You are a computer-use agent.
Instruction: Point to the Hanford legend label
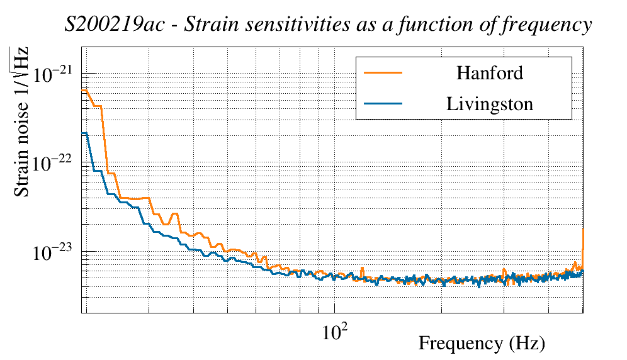click(x=489, y=72)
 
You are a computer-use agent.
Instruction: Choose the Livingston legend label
click(x=489, y=104)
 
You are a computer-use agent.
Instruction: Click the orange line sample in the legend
click(x=383, y=72)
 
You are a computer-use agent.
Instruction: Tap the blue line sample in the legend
click(x=383, y=104)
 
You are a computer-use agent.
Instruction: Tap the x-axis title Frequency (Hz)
click(x=481, y=344)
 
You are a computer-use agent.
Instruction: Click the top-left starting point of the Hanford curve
click(x=84, y=91)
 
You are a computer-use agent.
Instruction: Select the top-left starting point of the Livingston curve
click(x=84, y=133)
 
